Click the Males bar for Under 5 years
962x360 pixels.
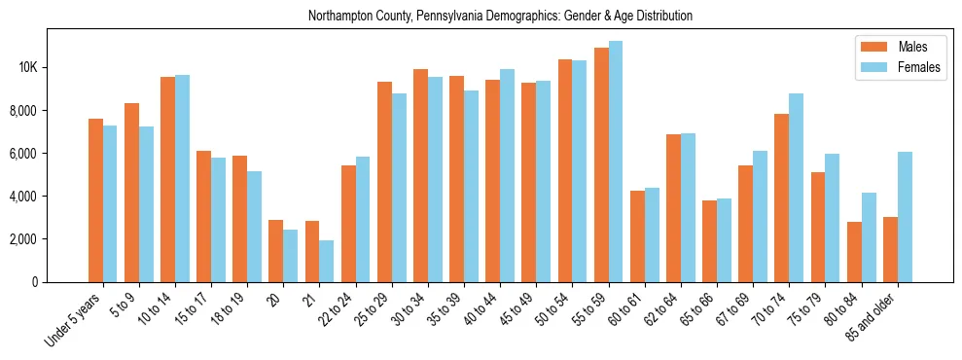tap(95, 200)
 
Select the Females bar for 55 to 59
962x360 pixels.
tap(616, 162)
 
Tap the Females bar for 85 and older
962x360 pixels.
tap(905, 217)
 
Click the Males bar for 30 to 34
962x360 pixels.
tap(420, 175)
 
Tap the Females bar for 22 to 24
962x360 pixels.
tap(363, 219)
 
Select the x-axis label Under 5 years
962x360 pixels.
tap(74, 320)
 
